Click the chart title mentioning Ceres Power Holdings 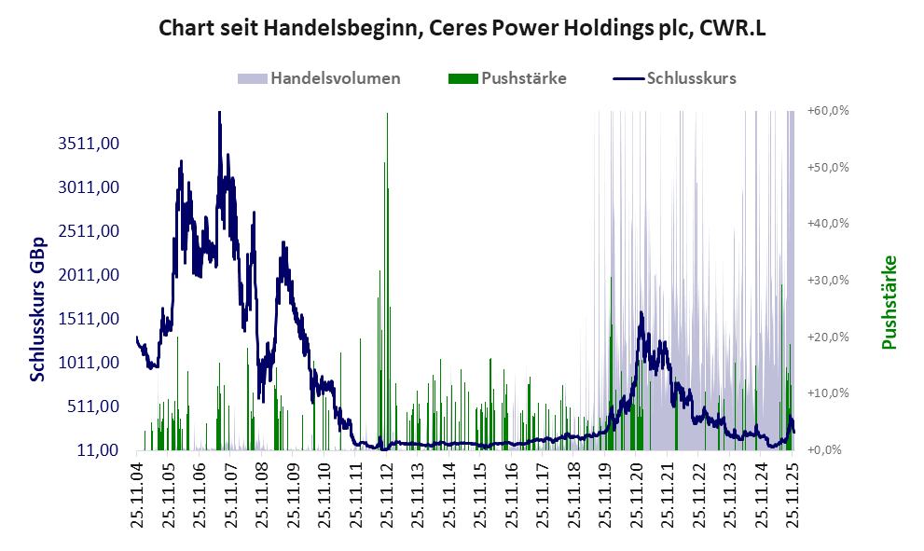(x=462, y=28)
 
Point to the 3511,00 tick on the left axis (x=89, y=144)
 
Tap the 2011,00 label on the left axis (x=89, y=275)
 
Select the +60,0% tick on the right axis (x=828, y=111)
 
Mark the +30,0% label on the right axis (x=828, y=281)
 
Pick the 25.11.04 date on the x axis (x=136, y=494)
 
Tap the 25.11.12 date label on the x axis (x=387, y=494)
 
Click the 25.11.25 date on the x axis (x=794, y=494)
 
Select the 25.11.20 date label (x=638, y=494)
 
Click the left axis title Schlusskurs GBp (x=38, y=307)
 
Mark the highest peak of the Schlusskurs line (x=219, y=113)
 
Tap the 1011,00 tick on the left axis (x=89, y=363)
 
